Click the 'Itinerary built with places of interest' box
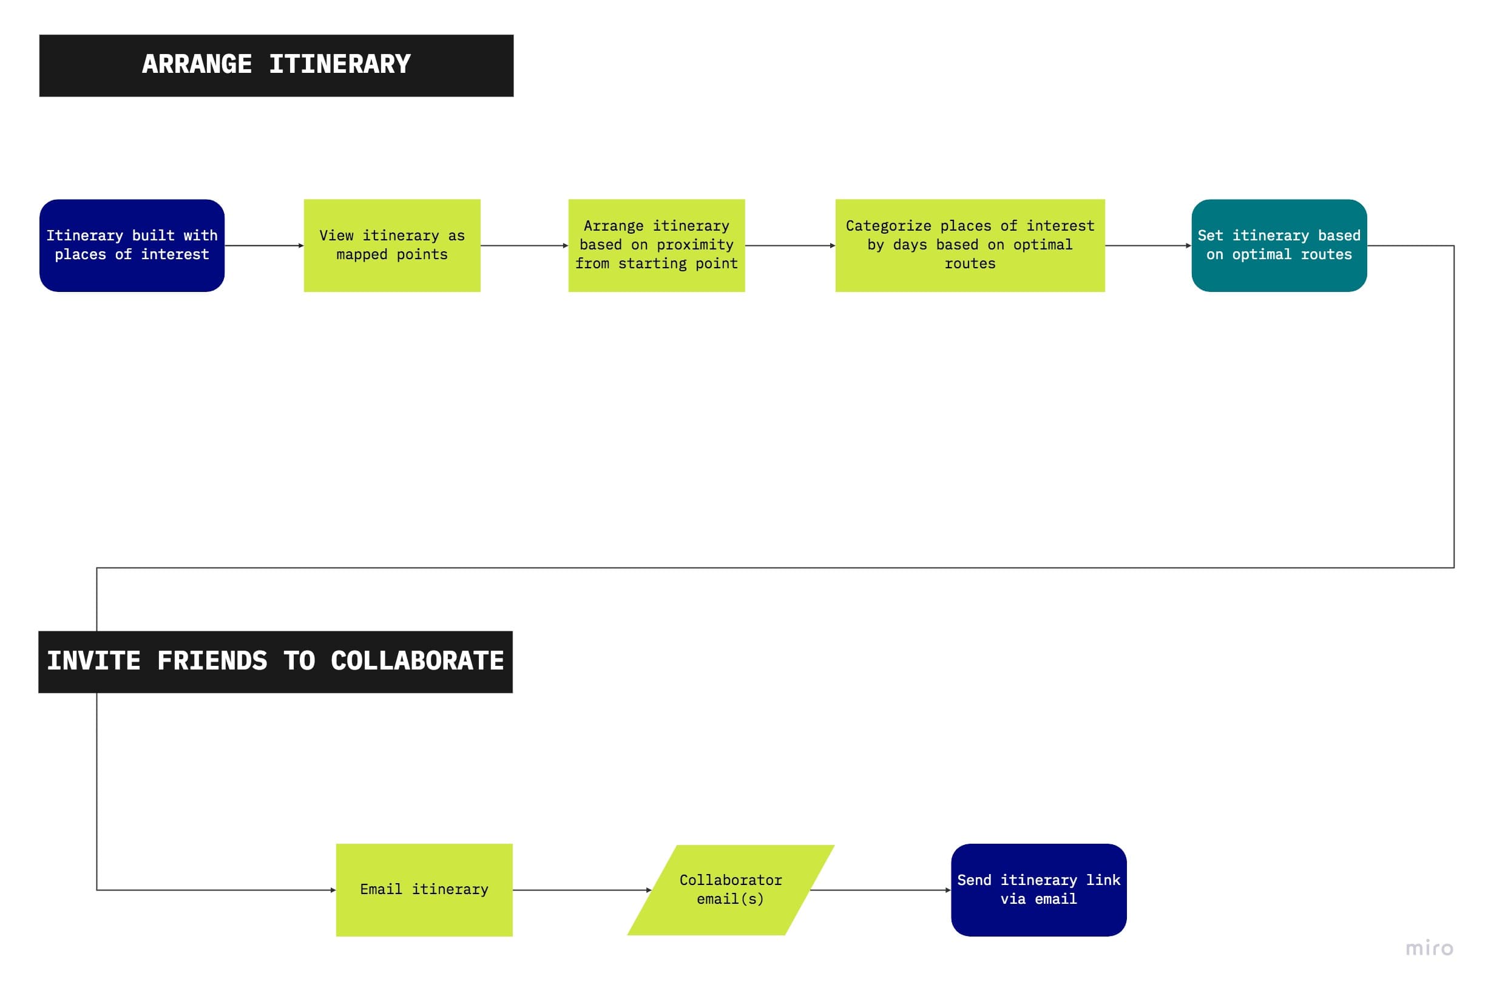[x=131, y=245]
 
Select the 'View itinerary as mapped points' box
[x=391, y=245]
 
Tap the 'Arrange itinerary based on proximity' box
[x=655, y=245]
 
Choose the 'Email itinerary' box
[x=424, y=889]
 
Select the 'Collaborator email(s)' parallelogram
[x=729, y=889]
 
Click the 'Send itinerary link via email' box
[x=1038, y=889]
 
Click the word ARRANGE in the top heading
[x=196, y=64]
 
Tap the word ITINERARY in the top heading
[x=339, y=64]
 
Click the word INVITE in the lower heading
[x=93, y=660]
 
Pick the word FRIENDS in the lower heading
[x=212, y=660]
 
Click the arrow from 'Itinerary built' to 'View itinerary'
[x=264, y=246]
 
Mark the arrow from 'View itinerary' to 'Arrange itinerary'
[x=524, y=246]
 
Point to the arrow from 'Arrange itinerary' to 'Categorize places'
[x=790, y=246]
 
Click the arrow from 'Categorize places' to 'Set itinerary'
[x=1147, y=246]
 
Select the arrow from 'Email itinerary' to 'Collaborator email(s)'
[x=581, y=890]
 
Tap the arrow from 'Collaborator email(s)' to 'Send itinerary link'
[x=880, y=890]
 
